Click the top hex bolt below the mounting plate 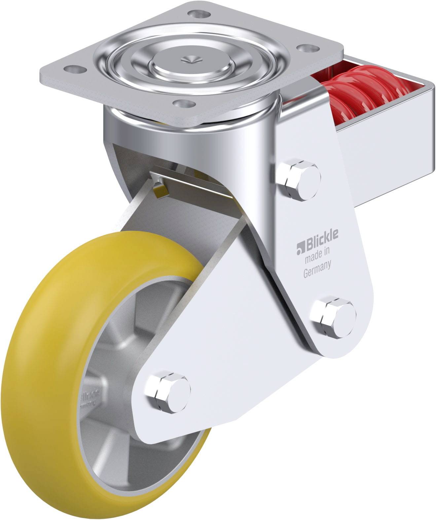click(299, 180)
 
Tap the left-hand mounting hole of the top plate click(73, 69)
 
